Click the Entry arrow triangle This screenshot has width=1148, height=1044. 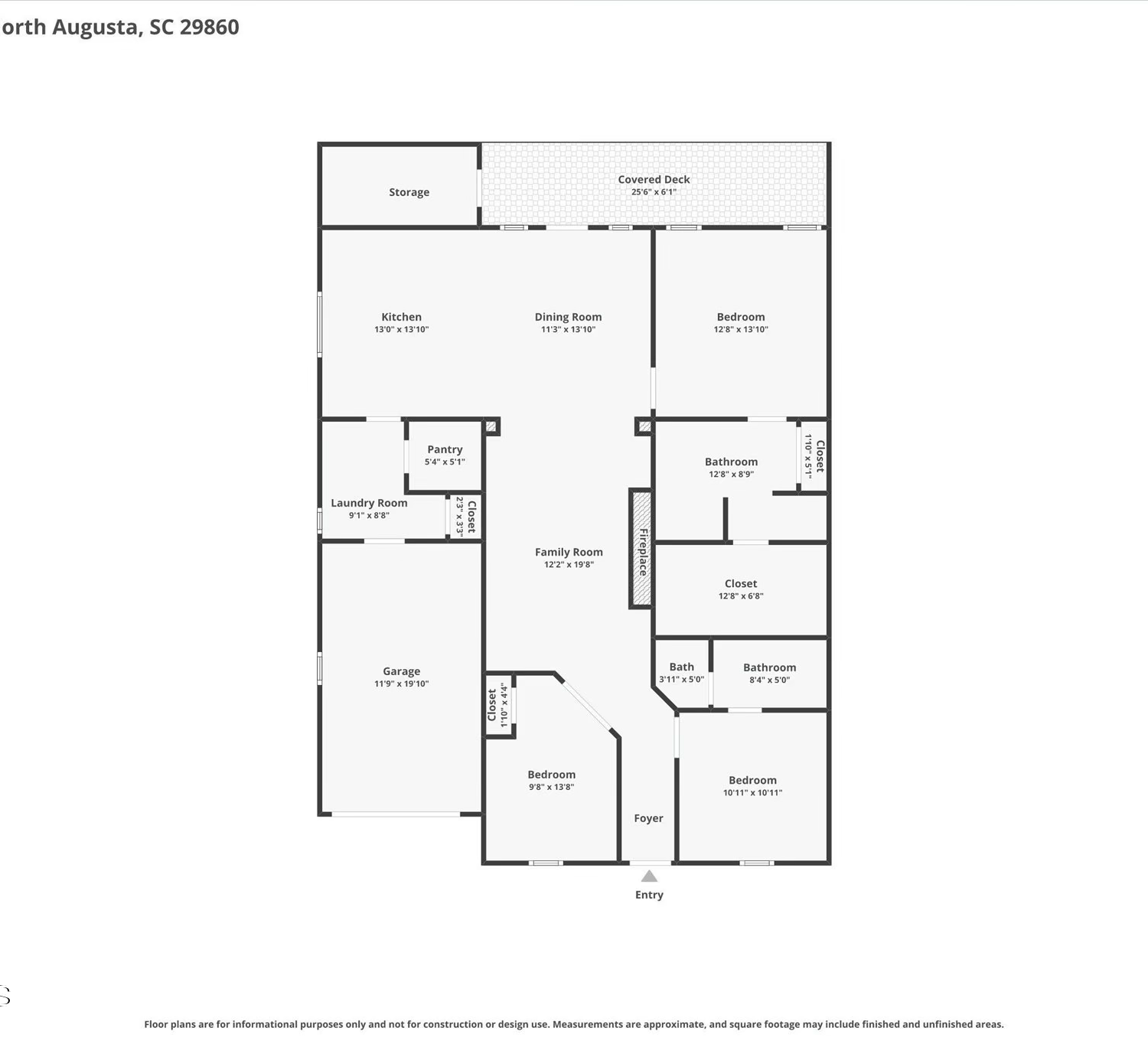coord(648,876)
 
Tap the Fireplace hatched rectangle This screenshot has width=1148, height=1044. coord(641,549)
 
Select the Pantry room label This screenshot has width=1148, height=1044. coord(445,449)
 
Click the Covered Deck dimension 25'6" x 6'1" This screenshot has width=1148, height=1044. coord(654,192)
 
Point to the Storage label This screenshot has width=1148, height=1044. coord(409,192)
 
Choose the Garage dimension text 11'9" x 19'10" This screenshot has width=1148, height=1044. coord(401,683)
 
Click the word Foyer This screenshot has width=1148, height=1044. coord(648,818)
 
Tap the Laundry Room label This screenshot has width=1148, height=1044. coord(369,503)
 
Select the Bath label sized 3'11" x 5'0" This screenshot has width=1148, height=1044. coord(681,667)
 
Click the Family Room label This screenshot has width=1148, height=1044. coord(569,553)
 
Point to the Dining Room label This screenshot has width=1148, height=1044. coord(569,317)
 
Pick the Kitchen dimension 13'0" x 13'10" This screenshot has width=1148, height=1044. coord(401,329)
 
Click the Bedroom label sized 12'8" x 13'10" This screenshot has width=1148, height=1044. coord(741,317)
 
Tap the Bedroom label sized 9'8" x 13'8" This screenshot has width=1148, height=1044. coord(551,775)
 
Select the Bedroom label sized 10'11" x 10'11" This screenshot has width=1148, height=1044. coord(752,780)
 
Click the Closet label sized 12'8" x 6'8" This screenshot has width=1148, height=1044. coord(741,584)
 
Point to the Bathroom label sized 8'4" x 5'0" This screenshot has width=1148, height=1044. coord(769,667)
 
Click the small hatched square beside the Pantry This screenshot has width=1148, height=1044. coord(491,426)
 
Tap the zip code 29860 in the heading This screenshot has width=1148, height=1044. coord(210,27)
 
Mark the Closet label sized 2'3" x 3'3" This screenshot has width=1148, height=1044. coord(471,517)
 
